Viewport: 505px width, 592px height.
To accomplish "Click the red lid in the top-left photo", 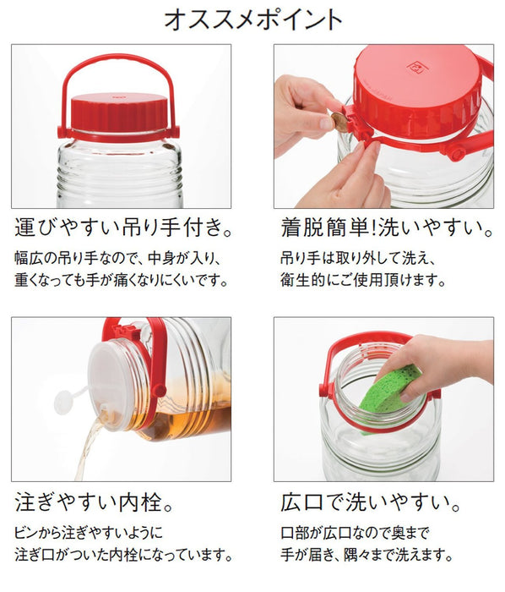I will (118, 112).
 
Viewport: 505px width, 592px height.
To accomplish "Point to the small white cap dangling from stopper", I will (63, 402).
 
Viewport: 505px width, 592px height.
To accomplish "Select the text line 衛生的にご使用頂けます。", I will (363, 279).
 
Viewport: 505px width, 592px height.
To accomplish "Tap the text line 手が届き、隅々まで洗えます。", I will (369, 556).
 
